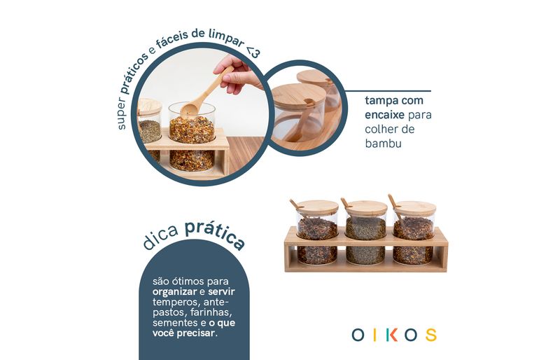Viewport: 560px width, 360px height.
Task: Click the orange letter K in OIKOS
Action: (x=393, y=335)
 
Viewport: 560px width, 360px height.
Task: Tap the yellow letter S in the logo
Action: (x=431, y=335)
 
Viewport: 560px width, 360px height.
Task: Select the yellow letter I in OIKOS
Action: (x=374, y=335)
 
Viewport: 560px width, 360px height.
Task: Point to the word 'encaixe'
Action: (x=384, y=115)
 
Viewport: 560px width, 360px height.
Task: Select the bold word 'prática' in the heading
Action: (x=215, y=233)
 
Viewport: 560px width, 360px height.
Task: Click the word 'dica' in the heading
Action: (x=160, y=237)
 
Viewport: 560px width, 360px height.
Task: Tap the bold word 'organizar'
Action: (x=174, y=292)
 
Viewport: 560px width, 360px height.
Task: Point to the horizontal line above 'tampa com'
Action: (x=388, y=91)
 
